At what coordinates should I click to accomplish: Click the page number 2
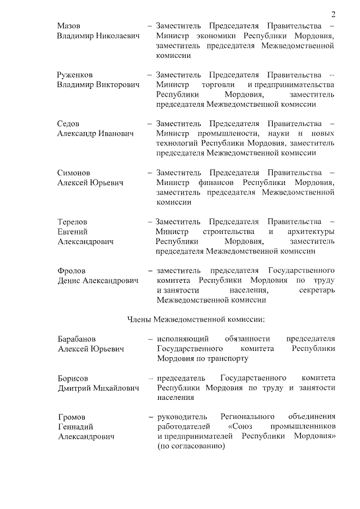coord(333,14)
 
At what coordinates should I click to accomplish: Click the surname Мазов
coord(69,26)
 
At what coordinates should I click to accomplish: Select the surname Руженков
coord(75,75)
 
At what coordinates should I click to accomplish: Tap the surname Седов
coord(69,124)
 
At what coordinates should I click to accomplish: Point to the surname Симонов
coord(74,173)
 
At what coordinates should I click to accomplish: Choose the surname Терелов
coord(73,222)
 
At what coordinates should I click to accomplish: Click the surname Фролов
coord(71,271)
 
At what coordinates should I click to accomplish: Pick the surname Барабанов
coord(76,339)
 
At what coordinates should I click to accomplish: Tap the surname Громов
coord(71,417)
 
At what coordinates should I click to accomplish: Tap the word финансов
coord(218,182)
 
